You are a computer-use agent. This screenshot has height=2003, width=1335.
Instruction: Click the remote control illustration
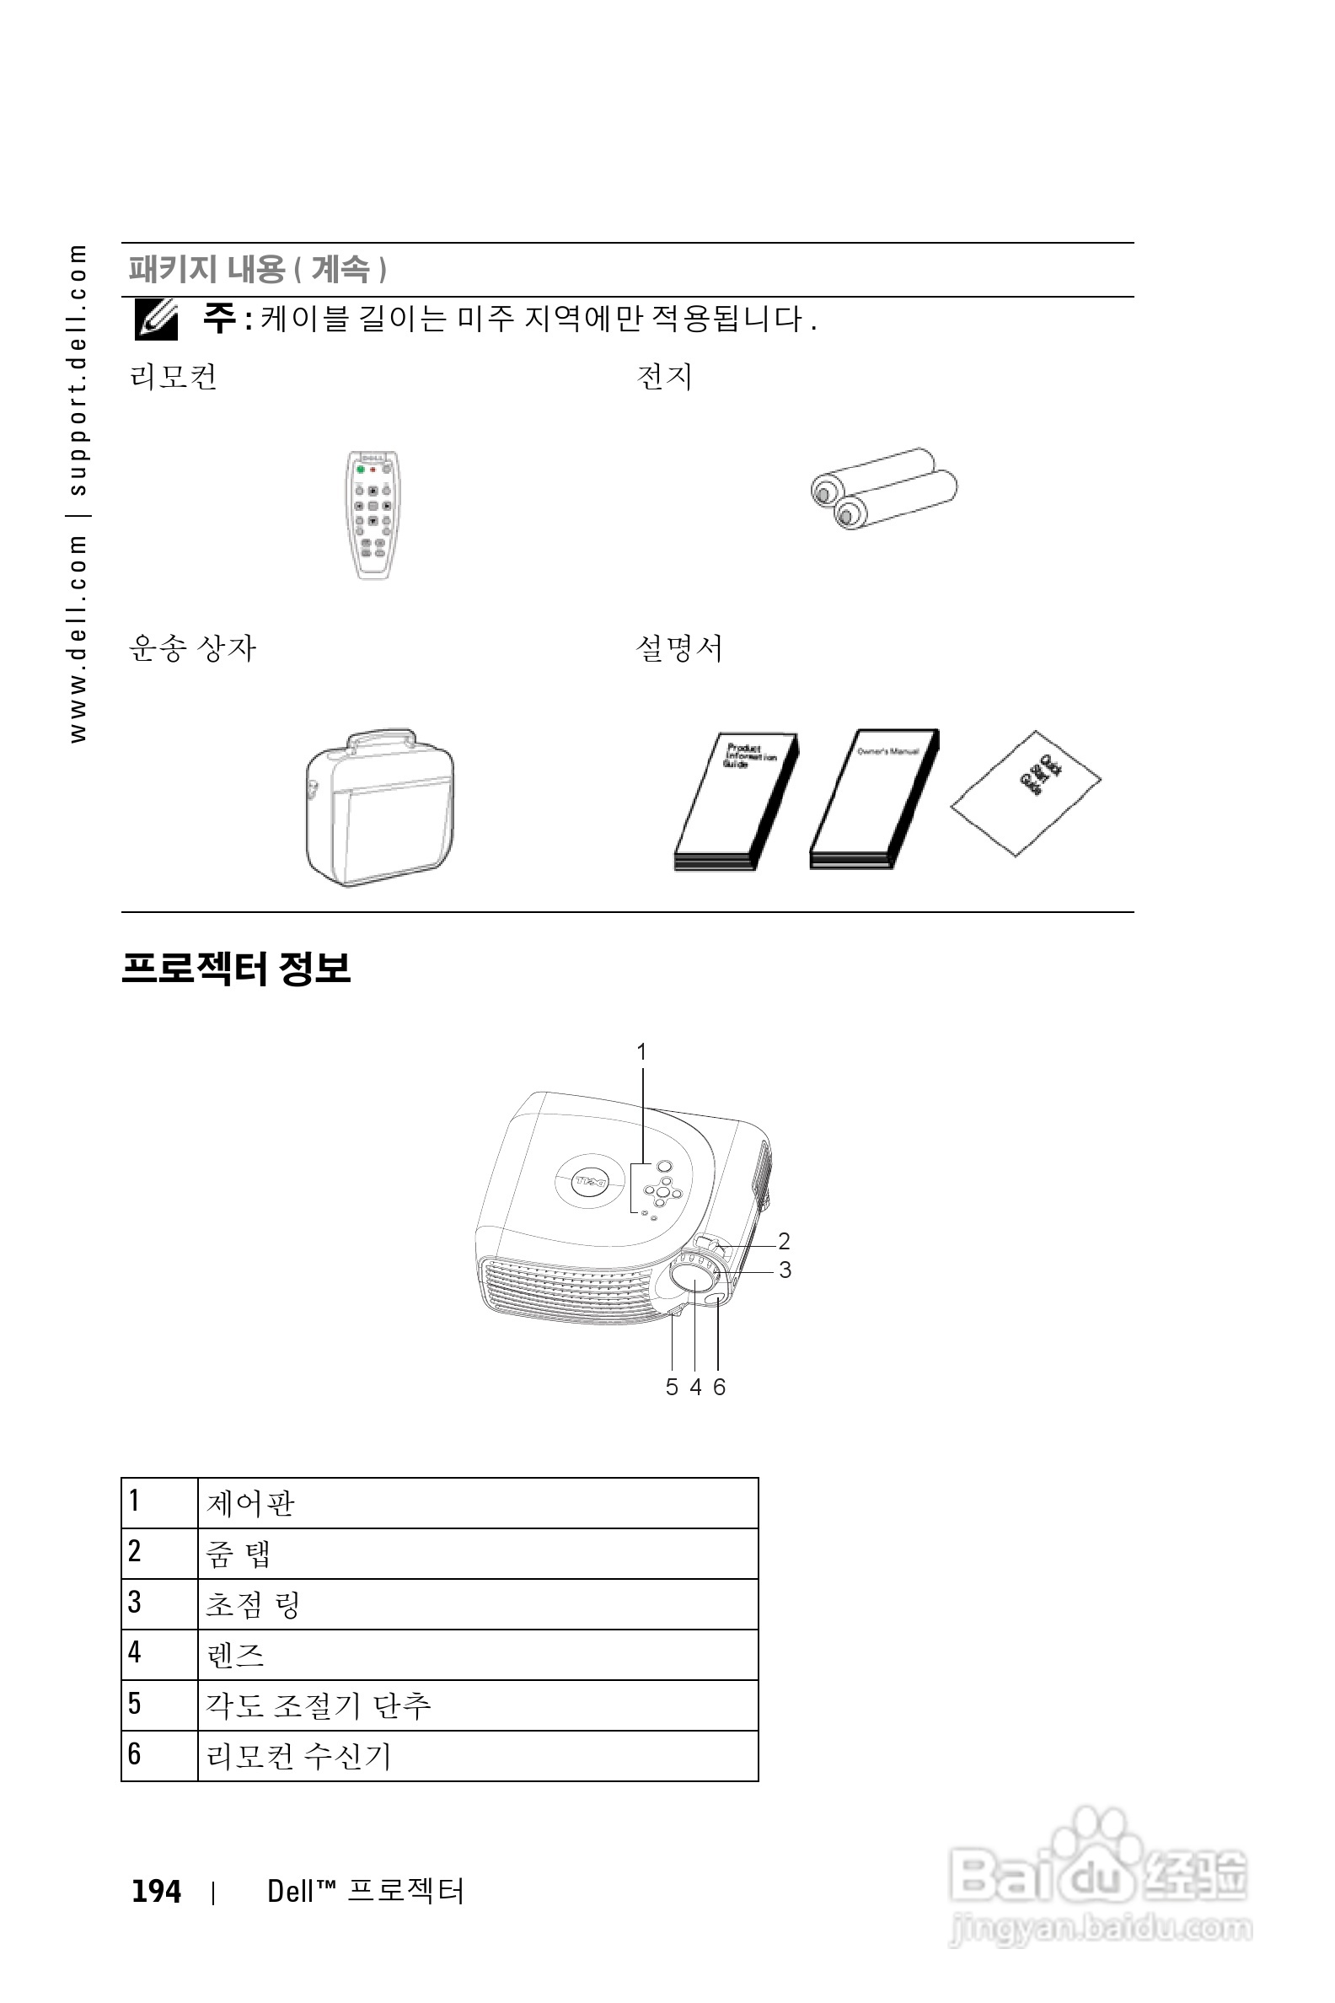pyautogui.click(x=373, y=514)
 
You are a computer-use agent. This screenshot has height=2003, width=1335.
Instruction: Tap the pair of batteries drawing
pyautogui.click(x=884, y=488)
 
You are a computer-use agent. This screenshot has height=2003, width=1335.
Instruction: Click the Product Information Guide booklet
pyautogui.click(x=737, y=801)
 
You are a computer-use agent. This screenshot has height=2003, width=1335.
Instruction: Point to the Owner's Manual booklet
pyautogui.click(x=873, y=799)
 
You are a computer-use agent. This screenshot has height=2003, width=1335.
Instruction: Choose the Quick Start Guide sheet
pyautogui.click(x=1026, y=792)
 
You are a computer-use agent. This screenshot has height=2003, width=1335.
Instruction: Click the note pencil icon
pyautogui.click(x=157, y=320)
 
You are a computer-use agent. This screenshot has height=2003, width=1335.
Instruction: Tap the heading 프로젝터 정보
pyautogui.click(x=236, y=969)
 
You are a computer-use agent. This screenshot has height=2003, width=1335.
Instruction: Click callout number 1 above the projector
pyautogui.click(x=642, y=1053)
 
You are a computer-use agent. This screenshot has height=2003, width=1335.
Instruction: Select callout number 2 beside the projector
pyautogui.click(x=784, y=1241)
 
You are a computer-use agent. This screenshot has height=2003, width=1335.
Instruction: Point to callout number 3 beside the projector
pyautogui.click(x=785, y=1270)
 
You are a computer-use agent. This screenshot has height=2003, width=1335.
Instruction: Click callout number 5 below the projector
pyautogui.click(x=672, y=1388)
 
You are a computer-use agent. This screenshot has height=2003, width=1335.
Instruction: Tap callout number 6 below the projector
pyautogui.click(x=720, y=1388)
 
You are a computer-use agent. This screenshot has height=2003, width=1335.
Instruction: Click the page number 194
pyautogui.click(x=157, y=1891)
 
